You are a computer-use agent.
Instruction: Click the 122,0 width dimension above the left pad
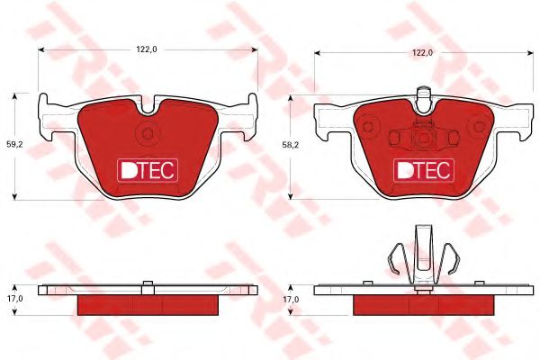147,49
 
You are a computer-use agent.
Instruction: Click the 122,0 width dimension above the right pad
423,53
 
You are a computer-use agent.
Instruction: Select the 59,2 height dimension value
14,145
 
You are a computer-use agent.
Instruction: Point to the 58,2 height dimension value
291,145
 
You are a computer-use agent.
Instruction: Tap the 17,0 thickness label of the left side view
14,299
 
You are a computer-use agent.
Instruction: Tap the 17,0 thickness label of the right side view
291,300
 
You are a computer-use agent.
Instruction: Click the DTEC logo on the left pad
148,170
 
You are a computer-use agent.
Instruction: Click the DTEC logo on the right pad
424,170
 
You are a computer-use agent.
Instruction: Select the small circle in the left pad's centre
148,133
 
